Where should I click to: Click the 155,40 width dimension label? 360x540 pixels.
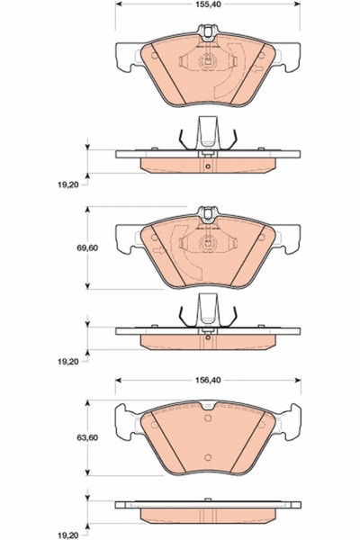click(208, 6)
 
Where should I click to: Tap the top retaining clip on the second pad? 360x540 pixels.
click(208, 215)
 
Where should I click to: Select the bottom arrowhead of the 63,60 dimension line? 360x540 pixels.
click(87, 473)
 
